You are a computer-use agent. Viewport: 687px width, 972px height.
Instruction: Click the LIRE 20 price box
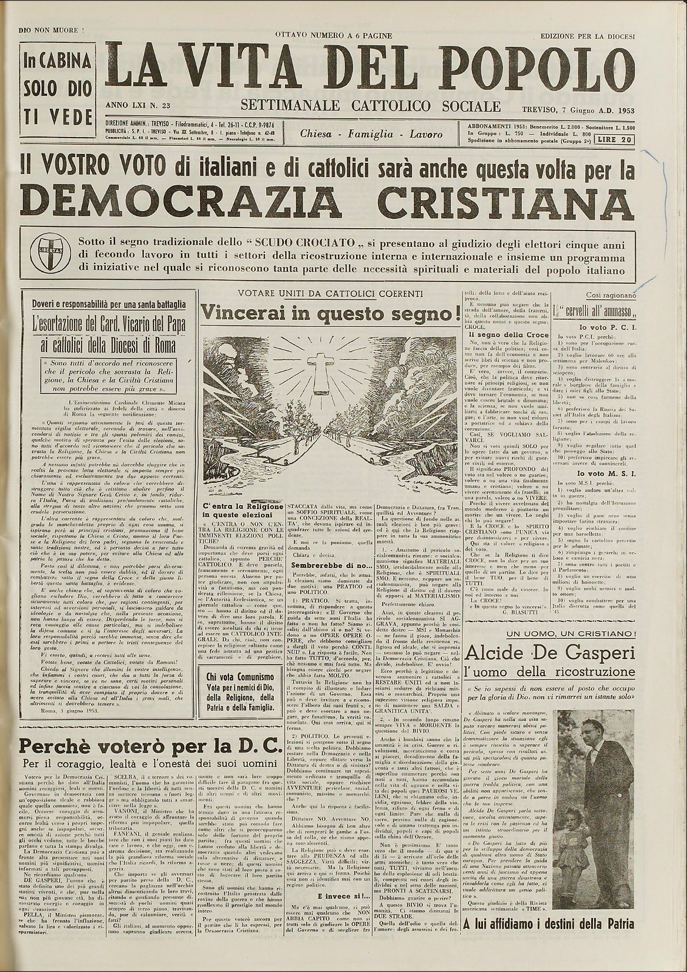pos(614,140)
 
